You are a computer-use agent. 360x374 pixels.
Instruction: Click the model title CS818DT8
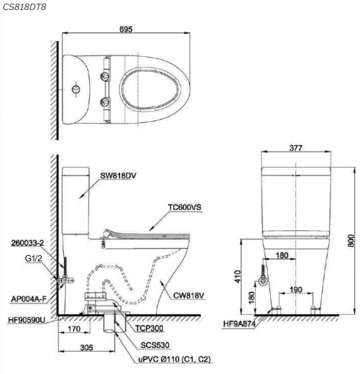24,7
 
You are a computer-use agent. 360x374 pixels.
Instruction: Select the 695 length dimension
126,29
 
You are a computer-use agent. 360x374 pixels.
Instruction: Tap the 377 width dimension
296,148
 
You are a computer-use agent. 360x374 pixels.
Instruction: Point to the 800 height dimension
351,240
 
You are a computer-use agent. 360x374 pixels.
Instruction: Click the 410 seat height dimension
237,276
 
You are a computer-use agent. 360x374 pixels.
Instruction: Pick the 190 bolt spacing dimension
296,290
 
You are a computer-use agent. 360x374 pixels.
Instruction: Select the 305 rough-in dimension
86,347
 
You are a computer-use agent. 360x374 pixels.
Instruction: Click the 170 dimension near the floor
74,329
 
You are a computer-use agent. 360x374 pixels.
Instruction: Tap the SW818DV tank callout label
118,175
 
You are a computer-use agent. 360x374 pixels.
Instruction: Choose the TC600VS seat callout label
185,207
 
